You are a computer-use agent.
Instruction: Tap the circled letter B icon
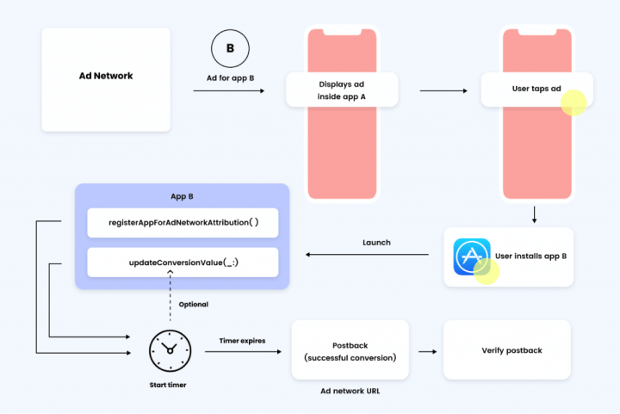(x=230, y=49)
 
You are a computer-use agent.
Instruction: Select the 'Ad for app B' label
(x=230, y=78)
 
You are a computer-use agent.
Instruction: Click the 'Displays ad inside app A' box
(x=341, y=90)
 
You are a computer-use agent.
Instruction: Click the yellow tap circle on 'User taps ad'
(x=573, y=102)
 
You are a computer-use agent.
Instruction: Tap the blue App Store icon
(x=472, y=256)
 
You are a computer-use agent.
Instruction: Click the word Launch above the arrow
(x=375, y=243)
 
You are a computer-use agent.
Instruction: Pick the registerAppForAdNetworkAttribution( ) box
(x=183, y=222)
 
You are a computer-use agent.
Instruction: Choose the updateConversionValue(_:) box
(x=183, y=262)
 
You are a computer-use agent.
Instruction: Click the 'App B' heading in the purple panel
(x=183, y=196)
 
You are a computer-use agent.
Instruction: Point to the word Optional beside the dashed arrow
(x=193, y=305)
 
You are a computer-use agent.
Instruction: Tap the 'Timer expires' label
(x=241, y=341)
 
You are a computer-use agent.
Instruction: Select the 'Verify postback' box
(x=506, y=350)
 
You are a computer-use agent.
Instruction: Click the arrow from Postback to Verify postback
(x=426, y=351)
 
